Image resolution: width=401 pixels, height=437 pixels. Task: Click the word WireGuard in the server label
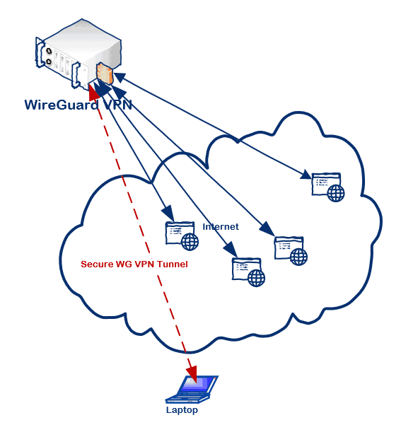pyautogui.click(x=62, y=105)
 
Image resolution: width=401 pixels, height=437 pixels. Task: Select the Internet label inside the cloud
pyautogui.click(x=221, y=226)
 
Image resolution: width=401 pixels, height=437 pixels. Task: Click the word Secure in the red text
pyautogui.click(x=95, y=264)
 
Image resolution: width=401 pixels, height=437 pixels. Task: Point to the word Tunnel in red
pyautogui.click(x=173, y=264)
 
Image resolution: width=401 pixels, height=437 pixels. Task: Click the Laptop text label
pyautogui.click(x=182, y=410)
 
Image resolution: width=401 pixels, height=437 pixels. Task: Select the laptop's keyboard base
pyautogui.click(x=187, y=399)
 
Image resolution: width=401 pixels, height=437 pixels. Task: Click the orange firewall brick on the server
pyautogui.click(x=104, y=73)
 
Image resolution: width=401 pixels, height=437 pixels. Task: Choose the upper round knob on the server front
pyautogui.click(x=49, y=52)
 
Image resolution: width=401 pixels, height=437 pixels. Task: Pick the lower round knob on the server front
pyautogui.click(x=49, y=62)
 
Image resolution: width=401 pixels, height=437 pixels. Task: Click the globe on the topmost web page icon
pyautogui.click(x=336, y=193)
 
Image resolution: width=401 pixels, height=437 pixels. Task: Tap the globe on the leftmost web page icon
pyautogui.click(x=190, y=242)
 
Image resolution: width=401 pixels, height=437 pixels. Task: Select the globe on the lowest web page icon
pyautogui.click(x=256, y=278)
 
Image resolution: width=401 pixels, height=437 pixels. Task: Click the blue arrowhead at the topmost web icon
pyautogui.click(x=306, y=175)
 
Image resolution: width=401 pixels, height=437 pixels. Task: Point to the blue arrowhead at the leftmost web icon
pyautogui.click(x=169, y=214)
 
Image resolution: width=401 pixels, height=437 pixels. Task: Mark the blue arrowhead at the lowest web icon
pyautogui.click(x=231, y=249)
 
